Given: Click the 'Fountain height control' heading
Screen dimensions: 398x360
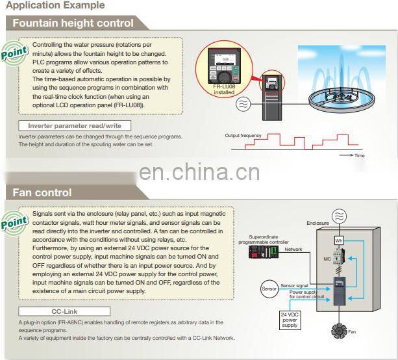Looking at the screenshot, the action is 73,23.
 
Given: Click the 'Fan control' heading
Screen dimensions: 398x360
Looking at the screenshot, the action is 42,192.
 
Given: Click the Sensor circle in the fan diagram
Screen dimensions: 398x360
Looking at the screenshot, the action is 269,288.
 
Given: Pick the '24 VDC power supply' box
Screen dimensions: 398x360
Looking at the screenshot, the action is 290,319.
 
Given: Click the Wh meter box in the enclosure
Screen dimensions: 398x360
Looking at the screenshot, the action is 338,241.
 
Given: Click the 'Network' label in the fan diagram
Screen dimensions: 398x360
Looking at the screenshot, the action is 293,249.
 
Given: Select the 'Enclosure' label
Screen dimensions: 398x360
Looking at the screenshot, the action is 317,223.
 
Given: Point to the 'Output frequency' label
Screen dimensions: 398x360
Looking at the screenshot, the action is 243,136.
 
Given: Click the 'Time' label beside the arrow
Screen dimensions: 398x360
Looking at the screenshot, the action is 359,156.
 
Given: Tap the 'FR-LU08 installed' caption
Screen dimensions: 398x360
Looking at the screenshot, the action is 223,90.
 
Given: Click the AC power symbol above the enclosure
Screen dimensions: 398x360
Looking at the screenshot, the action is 338,216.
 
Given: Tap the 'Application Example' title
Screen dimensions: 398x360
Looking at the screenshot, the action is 55,5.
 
